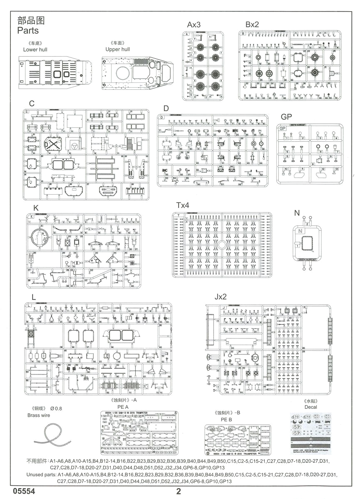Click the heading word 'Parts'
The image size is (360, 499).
tap(28, 30)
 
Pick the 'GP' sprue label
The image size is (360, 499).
tap(286, 117)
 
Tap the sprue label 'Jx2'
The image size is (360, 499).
tap(221, 297)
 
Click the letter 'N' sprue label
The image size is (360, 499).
tap(297, 213)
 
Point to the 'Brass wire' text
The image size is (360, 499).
tap(38, 415)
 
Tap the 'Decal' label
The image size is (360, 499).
tap(310, 407)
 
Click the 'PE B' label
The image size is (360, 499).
tap(226, 420)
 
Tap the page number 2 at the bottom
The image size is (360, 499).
tap(179, 491)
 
